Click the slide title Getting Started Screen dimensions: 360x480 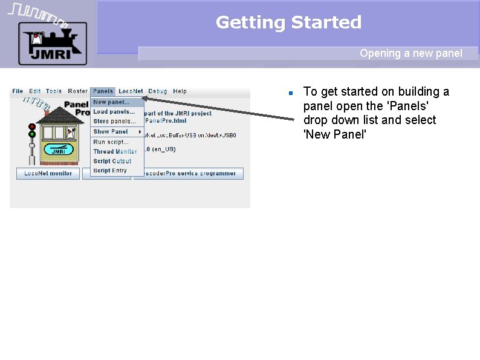coord(288,23)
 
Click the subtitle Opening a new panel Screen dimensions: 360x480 coord(410,53)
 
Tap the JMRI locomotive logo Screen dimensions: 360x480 coord(52,42)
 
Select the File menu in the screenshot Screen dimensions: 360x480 coord(18,91)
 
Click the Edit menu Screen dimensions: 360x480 coord(35,91)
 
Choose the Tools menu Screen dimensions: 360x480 coord(54,91)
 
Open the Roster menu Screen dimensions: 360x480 coord(77,91)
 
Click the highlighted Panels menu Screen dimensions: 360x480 coord(103,91)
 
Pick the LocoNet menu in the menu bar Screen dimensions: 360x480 coord(131,91)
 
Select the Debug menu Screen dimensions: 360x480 coord(158,91)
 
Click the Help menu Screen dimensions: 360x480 coord(180,91)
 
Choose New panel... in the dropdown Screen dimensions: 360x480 coord(111,102)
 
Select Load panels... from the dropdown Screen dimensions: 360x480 coord(114,112)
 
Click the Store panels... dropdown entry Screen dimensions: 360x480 coord(114,121)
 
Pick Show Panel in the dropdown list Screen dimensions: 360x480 coord(111,131)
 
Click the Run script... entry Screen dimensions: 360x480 coord(111,142)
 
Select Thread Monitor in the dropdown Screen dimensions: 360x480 coord(115,151)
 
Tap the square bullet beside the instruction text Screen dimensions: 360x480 coord(290,93)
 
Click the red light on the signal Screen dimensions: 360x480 coord(32,127)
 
